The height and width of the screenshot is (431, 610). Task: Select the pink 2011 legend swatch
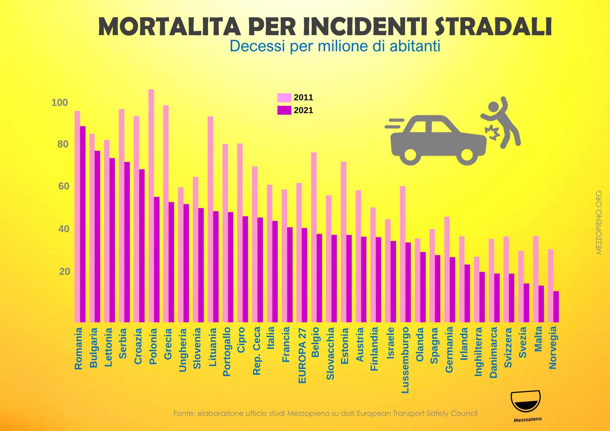[284, 98]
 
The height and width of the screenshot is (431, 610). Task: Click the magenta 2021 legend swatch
[284, 110]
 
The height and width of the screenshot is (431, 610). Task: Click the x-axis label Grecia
[168, 344]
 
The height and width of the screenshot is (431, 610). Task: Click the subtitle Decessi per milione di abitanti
[335, 46]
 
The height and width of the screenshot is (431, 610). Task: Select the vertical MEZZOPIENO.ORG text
[599, 222]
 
